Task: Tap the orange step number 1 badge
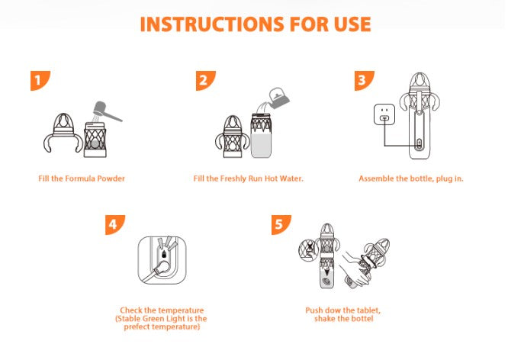coord(39,80)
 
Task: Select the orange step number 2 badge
coord(204,80)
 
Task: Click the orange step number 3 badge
coord(363,80)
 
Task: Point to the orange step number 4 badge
coord(114,224)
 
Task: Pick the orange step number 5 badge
coord(280,224)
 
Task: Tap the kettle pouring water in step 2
coord(278,98)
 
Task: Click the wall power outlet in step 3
coord(384,114)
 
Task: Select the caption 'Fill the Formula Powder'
coord(82,178)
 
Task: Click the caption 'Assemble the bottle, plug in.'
coord(411,178)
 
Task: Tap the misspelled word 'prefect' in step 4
coord(137,326)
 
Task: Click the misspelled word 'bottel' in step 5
coord(362,319)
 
